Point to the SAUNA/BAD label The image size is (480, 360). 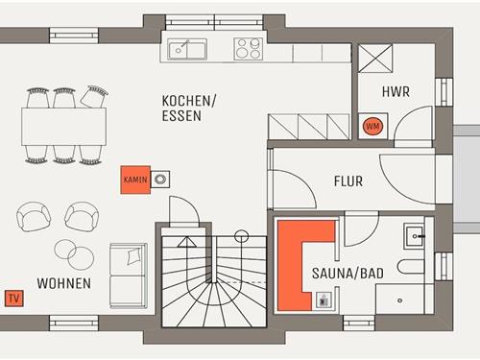(348, 274)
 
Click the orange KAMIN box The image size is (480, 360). (132, 180)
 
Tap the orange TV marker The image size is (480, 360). (13, 297)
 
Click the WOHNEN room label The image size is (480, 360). (64, 283)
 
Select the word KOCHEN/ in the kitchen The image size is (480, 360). (189, 101)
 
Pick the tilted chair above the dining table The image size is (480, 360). (94, 96)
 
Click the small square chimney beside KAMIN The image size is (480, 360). (161, 178)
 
